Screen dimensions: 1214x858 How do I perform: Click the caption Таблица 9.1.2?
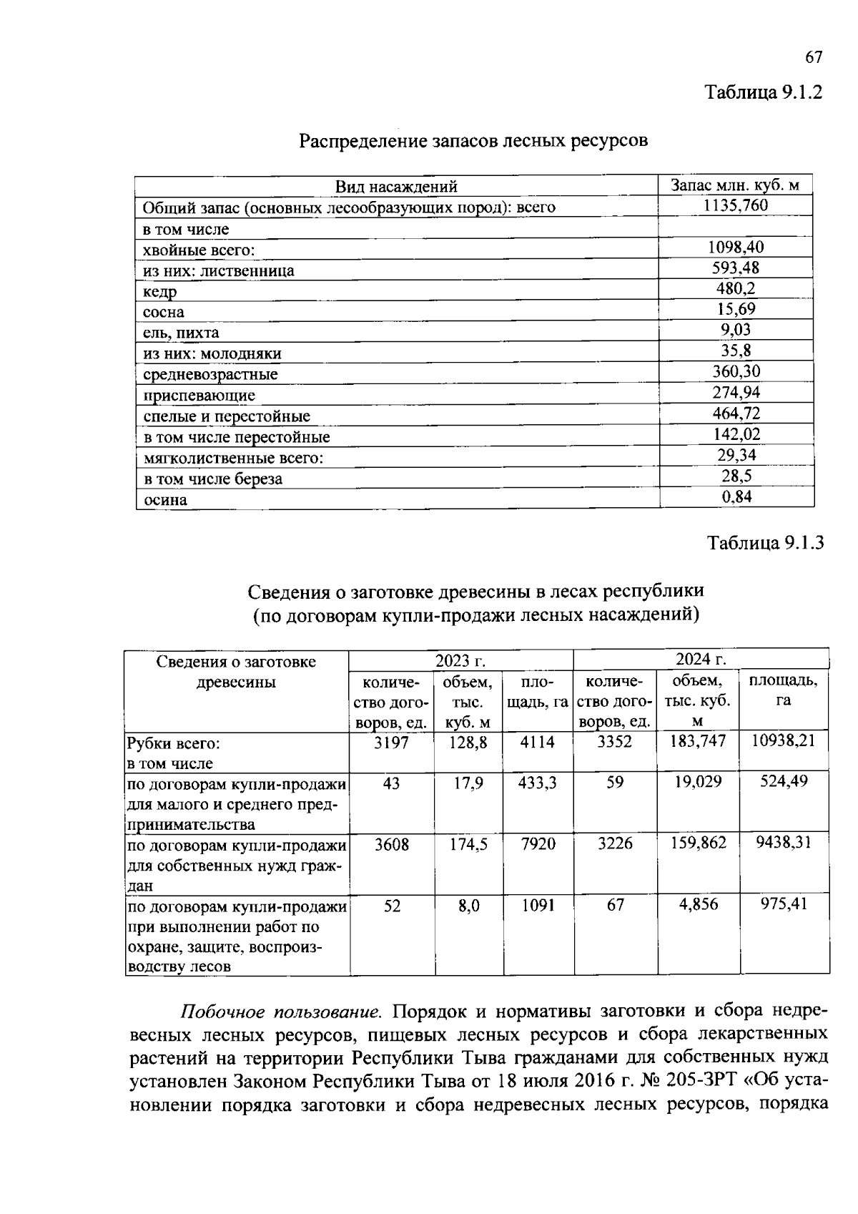pyautogui.click(x=764, y=92)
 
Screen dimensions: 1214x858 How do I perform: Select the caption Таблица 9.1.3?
pyautogui.click(x=765, y=543)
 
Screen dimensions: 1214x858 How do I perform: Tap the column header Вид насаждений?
pyautogui.click(x=396, y=187)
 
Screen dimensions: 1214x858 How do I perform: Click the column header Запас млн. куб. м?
pyautogui.click(x=735, y=185)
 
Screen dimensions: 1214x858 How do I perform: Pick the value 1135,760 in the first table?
pyautogui.click(x=736, y=206)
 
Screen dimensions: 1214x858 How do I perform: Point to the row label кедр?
pyautogui.click(x=159, y=292)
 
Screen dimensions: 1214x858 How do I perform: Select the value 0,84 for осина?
pyautogui.click(x=736, y=496)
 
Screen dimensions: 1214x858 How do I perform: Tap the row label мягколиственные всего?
pyautogui.click(x=233, y=458)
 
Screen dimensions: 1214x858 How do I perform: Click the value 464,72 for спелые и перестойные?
pyautogui.click(x=736, y=413)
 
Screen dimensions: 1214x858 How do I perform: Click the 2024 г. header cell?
pyautogui.click(x=701, y=659)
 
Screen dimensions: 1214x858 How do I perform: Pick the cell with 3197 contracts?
pyautogui.click(x=391, y=743)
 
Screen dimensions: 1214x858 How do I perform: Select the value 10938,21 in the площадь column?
pyautogui.click(x=784, y=740)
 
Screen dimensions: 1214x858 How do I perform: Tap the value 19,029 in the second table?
pyautogui.click(x=698, y=782)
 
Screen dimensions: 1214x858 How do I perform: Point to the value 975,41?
pyautogui.click(x=784, y=904)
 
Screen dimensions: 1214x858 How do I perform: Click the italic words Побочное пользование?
pyautogui.click(x=280, y=1012)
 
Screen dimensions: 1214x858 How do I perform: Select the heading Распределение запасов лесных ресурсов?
pyautogui.click(x=473, y=141)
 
